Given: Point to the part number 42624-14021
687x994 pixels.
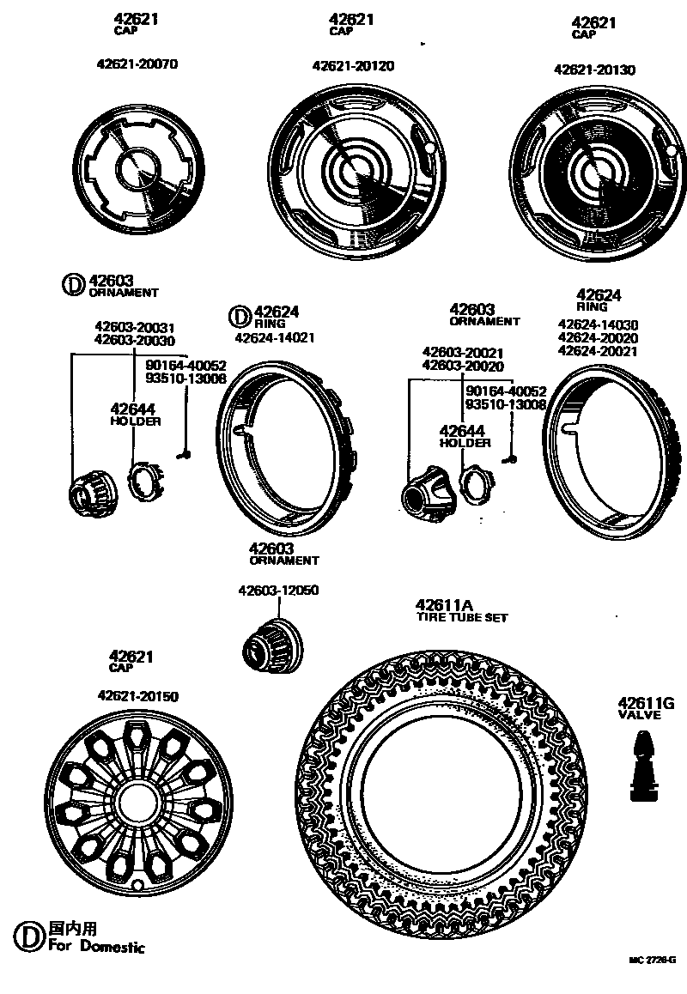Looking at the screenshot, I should point(274,337).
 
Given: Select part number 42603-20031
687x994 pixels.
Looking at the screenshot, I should point(134,327).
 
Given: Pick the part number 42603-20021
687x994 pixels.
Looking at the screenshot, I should point(463,352).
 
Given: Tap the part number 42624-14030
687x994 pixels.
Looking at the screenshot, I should point(598,324).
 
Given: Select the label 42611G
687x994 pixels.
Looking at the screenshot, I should point(645,704).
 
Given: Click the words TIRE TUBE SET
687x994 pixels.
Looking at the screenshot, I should point(462,617).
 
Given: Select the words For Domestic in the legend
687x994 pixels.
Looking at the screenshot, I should point(96,947).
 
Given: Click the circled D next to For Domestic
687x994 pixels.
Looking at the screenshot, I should point(29,936).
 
